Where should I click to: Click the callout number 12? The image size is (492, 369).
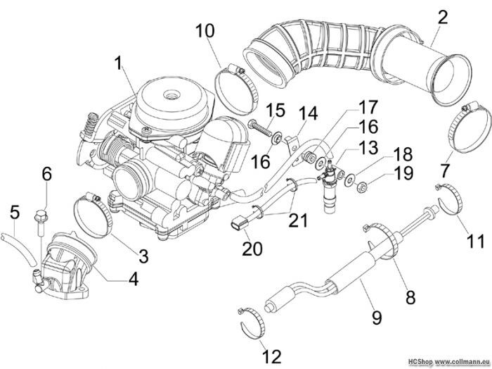tap(271, 354)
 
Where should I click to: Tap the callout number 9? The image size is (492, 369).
tap(377, 317)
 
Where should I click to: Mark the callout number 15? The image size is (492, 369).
tap(275, 110)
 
